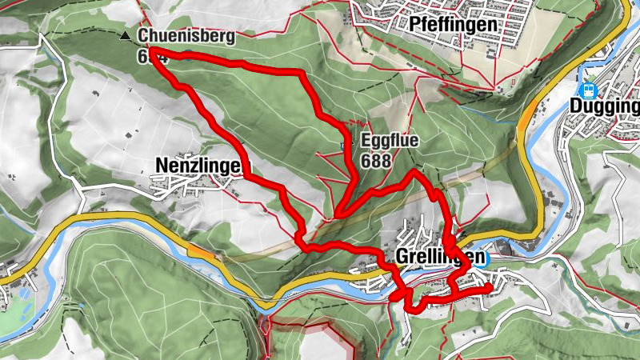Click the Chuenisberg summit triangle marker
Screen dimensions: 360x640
point(124,37)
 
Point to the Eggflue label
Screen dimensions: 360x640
point(390,142)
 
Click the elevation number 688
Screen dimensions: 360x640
point(376,160)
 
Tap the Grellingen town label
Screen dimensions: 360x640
point(439,257)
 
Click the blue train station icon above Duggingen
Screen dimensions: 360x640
point(589,90)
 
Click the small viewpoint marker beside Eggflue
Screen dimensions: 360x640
point(346,144)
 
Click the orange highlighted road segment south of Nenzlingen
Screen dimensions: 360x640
point(201,250)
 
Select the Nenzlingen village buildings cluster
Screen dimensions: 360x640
point(206,187)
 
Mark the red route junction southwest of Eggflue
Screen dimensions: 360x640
point(340,214)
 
